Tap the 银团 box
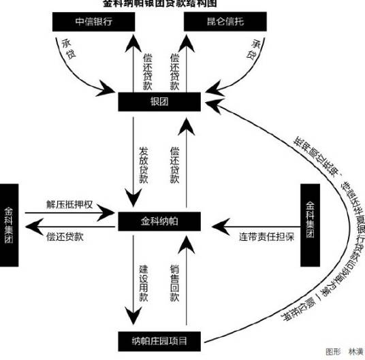[x=159, y=101]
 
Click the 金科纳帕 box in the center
[x=159, y=221]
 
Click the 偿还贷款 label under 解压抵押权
[x=65, y=236]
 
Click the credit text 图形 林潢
[x=344, y=352]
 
